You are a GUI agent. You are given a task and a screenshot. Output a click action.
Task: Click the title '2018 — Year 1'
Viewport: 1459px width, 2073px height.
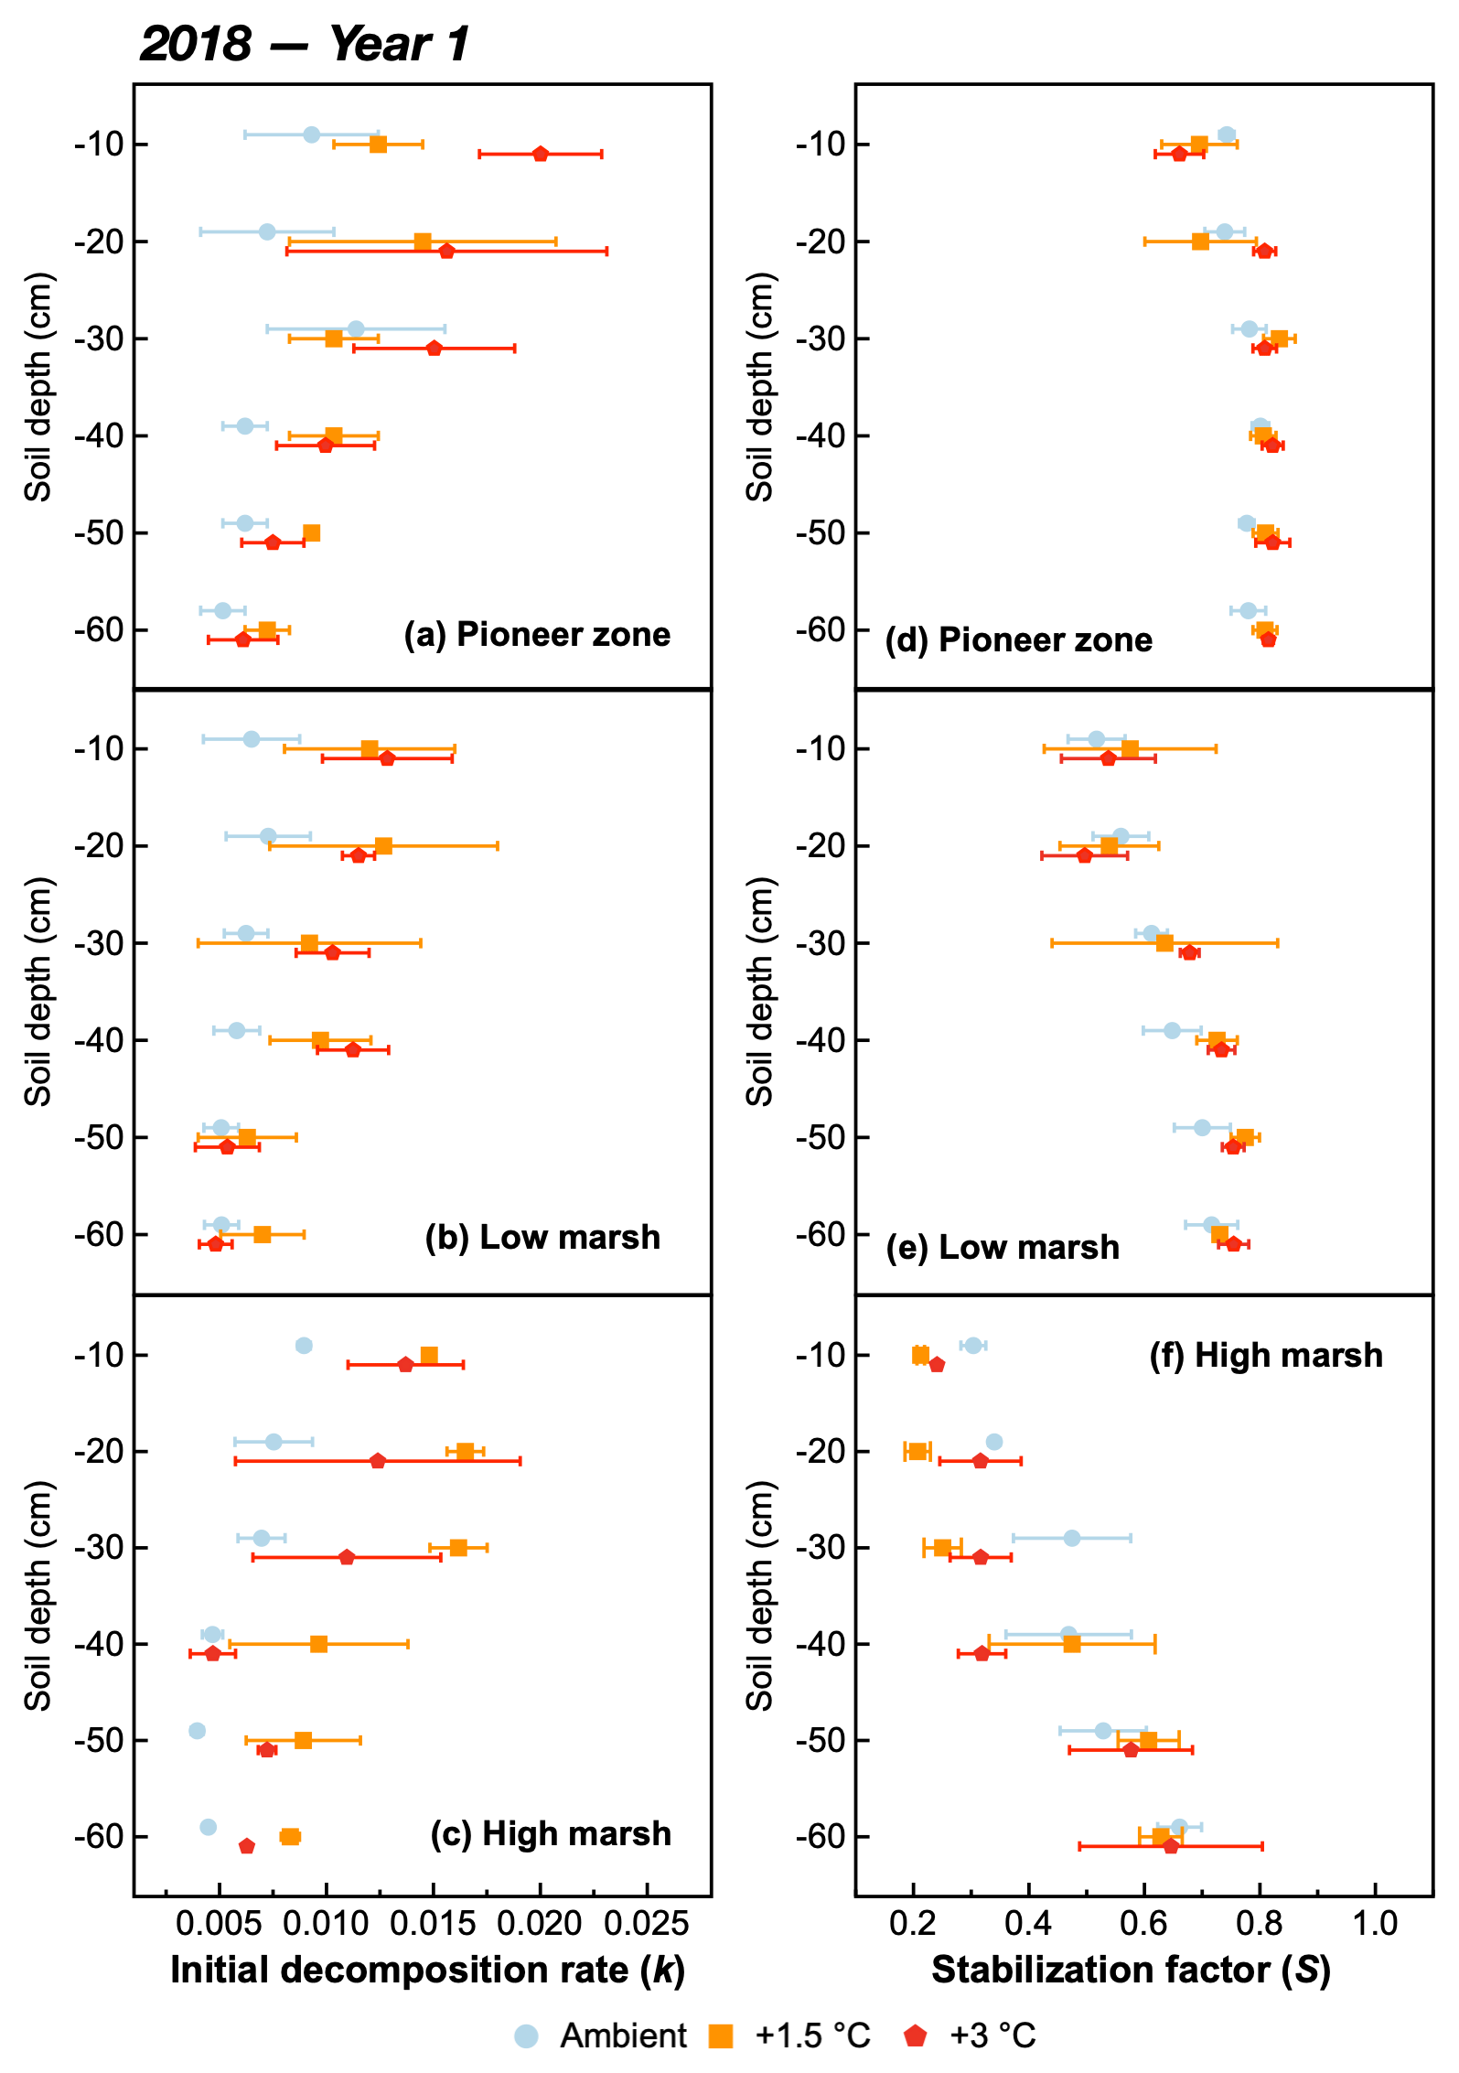(x=304, y=43)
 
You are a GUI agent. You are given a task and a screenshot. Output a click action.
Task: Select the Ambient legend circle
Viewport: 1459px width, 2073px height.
(x=527, y=2035)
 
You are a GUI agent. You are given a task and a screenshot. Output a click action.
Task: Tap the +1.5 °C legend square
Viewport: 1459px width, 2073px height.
(x=722, y=2035)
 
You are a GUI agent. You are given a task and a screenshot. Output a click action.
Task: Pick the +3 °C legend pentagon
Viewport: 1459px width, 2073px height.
(x=915, y=2035)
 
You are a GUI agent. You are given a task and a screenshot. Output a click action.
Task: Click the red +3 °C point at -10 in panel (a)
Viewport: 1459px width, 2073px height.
(x=541, y=154)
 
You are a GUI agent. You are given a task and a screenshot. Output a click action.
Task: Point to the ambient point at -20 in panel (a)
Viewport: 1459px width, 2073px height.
(x=267, y=231)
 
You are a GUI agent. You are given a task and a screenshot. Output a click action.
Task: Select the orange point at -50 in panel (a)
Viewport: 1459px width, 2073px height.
(x=312, y=533)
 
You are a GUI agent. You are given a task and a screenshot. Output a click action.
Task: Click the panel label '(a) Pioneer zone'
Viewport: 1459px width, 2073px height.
(x=537, y=634)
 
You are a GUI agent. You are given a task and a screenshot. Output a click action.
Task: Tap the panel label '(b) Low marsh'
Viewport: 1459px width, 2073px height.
(x=542, y=1237)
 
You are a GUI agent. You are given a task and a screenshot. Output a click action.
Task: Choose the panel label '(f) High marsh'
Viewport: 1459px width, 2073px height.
(x=1266, y=1355)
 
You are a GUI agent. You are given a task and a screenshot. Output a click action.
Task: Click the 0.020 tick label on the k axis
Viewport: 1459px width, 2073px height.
(x=540, y=1923)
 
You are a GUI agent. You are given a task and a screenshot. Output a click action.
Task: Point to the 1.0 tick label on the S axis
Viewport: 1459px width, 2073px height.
(x=1375, y=1923)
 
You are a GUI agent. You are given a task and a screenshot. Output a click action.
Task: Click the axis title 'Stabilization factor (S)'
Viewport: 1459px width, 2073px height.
(x=1131, y=1970)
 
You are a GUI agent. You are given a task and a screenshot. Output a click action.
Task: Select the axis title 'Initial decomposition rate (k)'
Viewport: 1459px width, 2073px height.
(x=427, y=1970)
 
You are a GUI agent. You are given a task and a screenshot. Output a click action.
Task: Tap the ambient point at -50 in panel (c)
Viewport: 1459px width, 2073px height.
(x=197, y=1731)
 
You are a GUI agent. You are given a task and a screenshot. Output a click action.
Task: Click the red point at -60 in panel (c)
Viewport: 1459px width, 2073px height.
(x=247, y=1846)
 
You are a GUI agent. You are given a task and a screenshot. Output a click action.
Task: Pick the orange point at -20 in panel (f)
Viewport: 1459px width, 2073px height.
(x=917, y=1451)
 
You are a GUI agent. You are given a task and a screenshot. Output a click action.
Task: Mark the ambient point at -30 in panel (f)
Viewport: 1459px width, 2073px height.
(x=1072, y=1538)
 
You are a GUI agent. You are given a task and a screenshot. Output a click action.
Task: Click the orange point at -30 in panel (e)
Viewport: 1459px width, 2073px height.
(x=1164, y=943)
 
